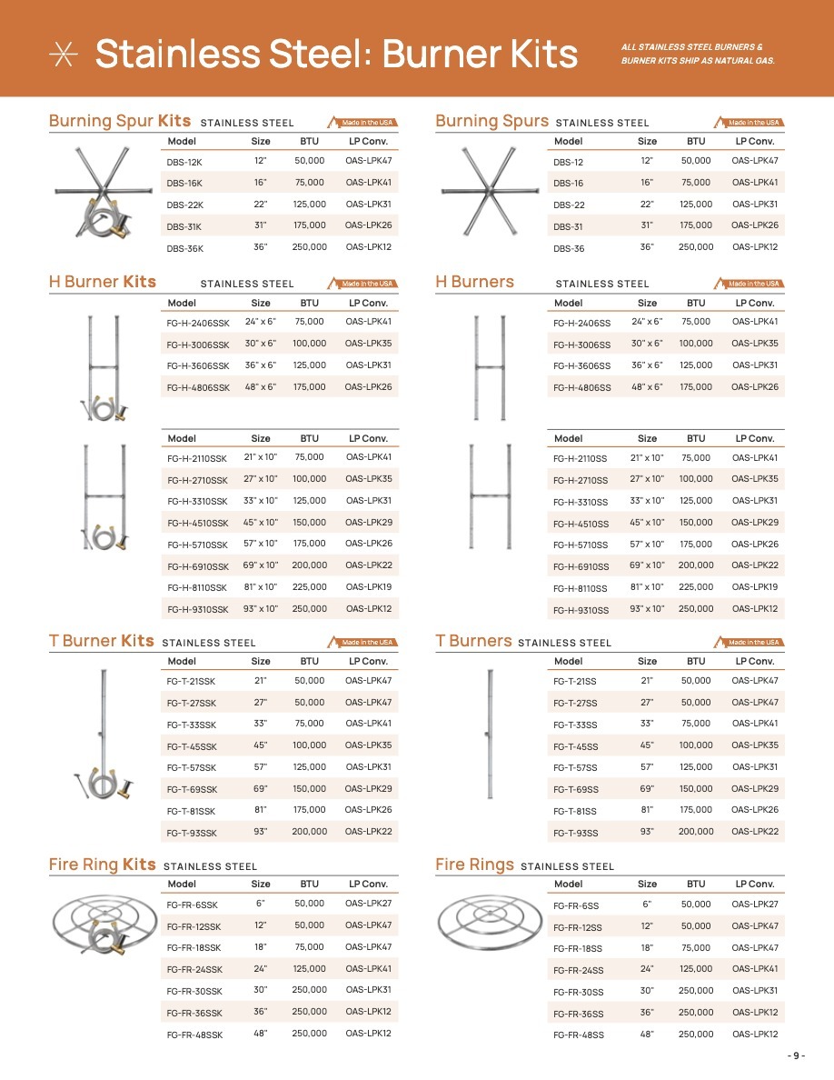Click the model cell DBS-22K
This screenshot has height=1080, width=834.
(x=185, y=205)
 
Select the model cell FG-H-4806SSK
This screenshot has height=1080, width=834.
(x=198, y=388)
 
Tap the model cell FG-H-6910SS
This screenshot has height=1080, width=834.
(x=581, y=566)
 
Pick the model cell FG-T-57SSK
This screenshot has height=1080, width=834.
(x=192, y=768)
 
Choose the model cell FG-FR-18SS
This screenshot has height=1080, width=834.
(x=578, y=948)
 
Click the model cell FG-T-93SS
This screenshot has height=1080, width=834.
(x=575, y=833)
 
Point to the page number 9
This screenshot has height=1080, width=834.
(x=796, y=1055)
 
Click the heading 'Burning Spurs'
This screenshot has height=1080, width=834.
(x=491, y=121)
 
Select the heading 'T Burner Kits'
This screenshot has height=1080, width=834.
(x=101, y=641)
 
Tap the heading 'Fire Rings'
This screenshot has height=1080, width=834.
(x=474, y=865)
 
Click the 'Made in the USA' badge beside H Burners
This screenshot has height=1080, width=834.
(x=750, y=284)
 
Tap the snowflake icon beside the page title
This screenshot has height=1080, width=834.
(x=64, y=54)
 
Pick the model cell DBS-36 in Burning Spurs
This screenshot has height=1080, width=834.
(x=569, y=249)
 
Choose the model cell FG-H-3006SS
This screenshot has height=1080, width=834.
(x=581, y=345)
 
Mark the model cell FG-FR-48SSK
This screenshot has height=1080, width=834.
(x=194, y=1035)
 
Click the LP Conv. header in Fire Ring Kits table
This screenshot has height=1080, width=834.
(x=368, y=884)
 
